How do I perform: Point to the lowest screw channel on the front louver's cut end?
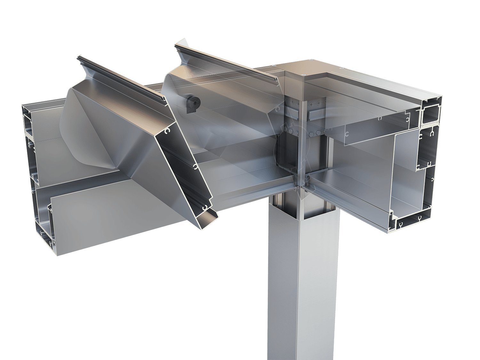tap(204, 208)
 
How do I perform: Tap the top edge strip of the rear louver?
tap(224, 62)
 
